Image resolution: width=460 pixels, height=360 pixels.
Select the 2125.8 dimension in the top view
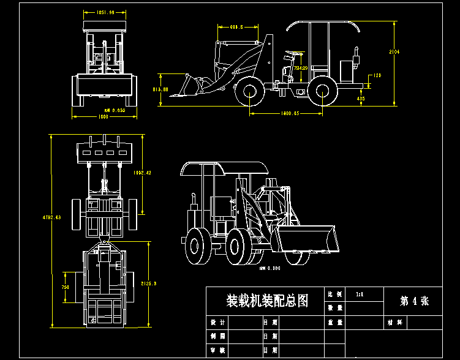click(149, 283)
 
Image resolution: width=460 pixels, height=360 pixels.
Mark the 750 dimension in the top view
click(65, 287)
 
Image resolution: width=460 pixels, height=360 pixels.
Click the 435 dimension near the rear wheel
click(361, 99)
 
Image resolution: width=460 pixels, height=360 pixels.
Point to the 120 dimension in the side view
click(377, 75)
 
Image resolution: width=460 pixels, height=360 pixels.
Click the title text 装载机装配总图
click(267, 301)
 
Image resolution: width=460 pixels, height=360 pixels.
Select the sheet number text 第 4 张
click(414, 301)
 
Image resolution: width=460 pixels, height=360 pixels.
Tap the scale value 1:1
click(360, 294)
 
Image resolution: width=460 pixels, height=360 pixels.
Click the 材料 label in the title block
click(394, 321)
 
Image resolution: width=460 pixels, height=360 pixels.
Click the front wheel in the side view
click(250, 92)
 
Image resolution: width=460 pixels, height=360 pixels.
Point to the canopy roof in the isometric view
click(221, 167)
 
